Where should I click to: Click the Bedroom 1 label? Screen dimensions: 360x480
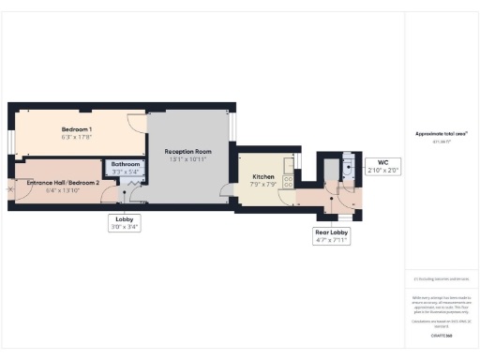[77, 128]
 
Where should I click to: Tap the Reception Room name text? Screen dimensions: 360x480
[187, 151]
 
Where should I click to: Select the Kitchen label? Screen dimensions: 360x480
[263, 176]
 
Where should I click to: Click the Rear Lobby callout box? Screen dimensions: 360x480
[331, 236]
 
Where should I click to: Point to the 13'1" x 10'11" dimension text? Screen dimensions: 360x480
[187, 159]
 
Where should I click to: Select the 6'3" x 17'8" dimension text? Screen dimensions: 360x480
[77, 137]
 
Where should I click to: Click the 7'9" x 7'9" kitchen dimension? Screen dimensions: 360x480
[263, 185]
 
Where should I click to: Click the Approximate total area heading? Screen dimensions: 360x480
[441, 134]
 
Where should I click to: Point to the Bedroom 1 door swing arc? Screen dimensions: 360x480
[136, 123]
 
